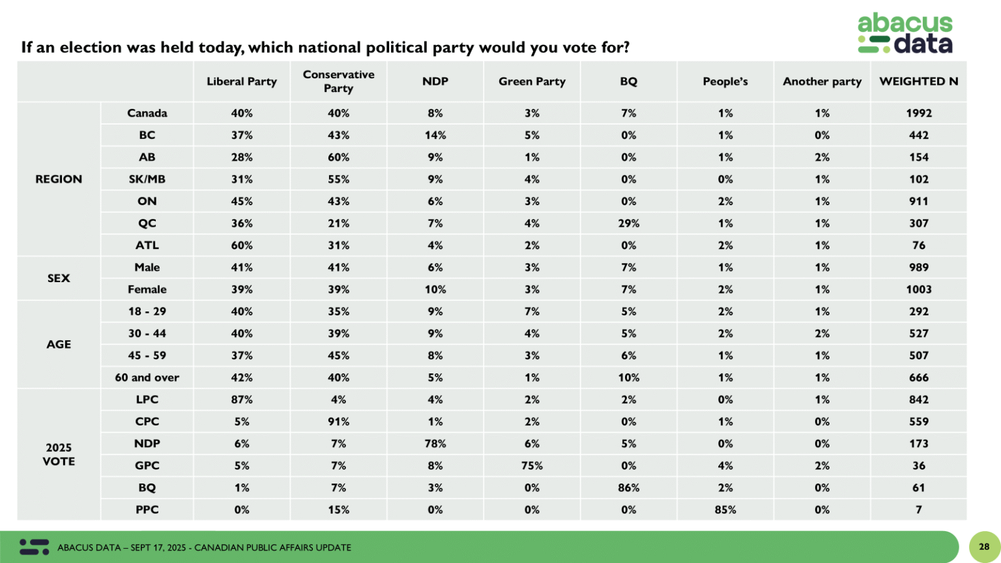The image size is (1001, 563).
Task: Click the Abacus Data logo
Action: pos(905,33)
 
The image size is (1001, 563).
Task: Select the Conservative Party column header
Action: pos(338,81)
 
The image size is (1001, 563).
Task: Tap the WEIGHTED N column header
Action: pos(918,81)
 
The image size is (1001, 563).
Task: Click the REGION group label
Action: pos(59,179)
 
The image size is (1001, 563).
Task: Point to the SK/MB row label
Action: pos(147,179)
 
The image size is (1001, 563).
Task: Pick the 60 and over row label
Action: pos(147,377)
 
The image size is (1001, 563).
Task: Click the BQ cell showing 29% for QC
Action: pos(628,223)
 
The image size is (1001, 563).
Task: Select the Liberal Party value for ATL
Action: pos(242,245)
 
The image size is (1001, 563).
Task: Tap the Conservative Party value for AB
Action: pos(338,157)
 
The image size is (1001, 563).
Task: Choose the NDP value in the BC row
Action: pos(435,135)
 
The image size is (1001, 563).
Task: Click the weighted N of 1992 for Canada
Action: pos(918,113)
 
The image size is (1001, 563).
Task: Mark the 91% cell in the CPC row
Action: pos(338,422)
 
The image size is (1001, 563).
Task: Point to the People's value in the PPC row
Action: pos(725,510)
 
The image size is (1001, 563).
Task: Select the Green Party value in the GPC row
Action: pos(532,465)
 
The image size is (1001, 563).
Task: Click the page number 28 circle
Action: pos(984,547)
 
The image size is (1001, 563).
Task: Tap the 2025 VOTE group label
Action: pos(59,454)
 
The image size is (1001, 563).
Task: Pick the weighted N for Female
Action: pos(918,289)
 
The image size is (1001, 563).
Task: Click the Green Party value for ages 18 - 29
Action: pos(532,311)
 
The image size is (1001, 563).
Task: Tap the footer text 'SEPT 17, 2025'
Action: pos(158,547)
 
